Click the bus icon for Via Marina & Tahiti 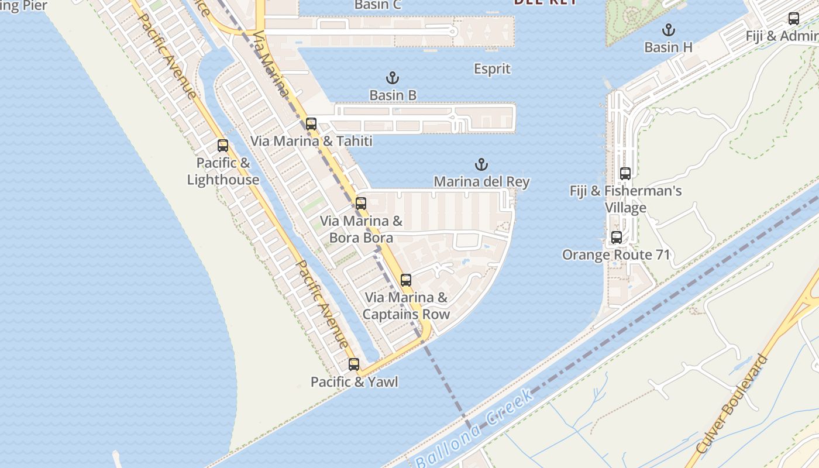(311, 124)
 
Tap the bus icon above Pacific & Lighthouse (223, 146)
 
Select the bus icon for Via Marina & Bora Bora (361, 204)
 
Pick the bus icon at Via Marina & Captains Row (406, 280)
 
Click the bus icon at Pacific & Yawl (354, 364)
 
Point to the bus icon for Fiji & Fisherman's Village (625, 174)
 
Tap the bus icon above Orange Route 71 (617, 238)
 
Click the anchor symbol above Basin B (393, 78)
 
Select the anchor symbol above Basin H (668, 30)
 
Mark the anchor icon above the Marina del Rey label (481, 164)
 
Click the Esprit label (492, 69)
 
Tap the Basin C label (378, 5)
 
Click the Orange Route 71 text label (616, 255)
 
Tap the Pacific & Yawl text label (354, 382)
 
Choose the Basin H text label (668, 47)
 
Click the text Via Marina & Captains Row (406, 306)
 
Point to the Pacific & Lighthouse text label (223, 171)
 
